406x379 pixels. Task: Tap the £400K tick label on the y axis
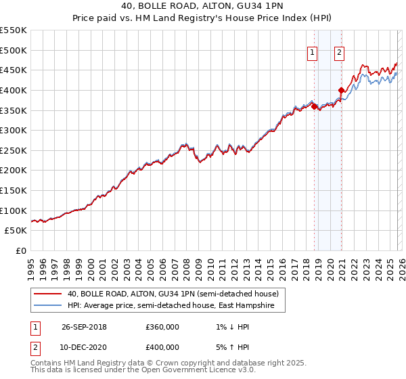[14, 90]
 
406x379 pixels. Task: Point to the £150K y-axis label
[14, 191]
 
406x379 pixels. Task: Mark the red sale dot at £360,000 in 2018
[315, 106]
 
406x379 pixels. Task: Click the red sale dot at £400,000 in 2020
[341, 90]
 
